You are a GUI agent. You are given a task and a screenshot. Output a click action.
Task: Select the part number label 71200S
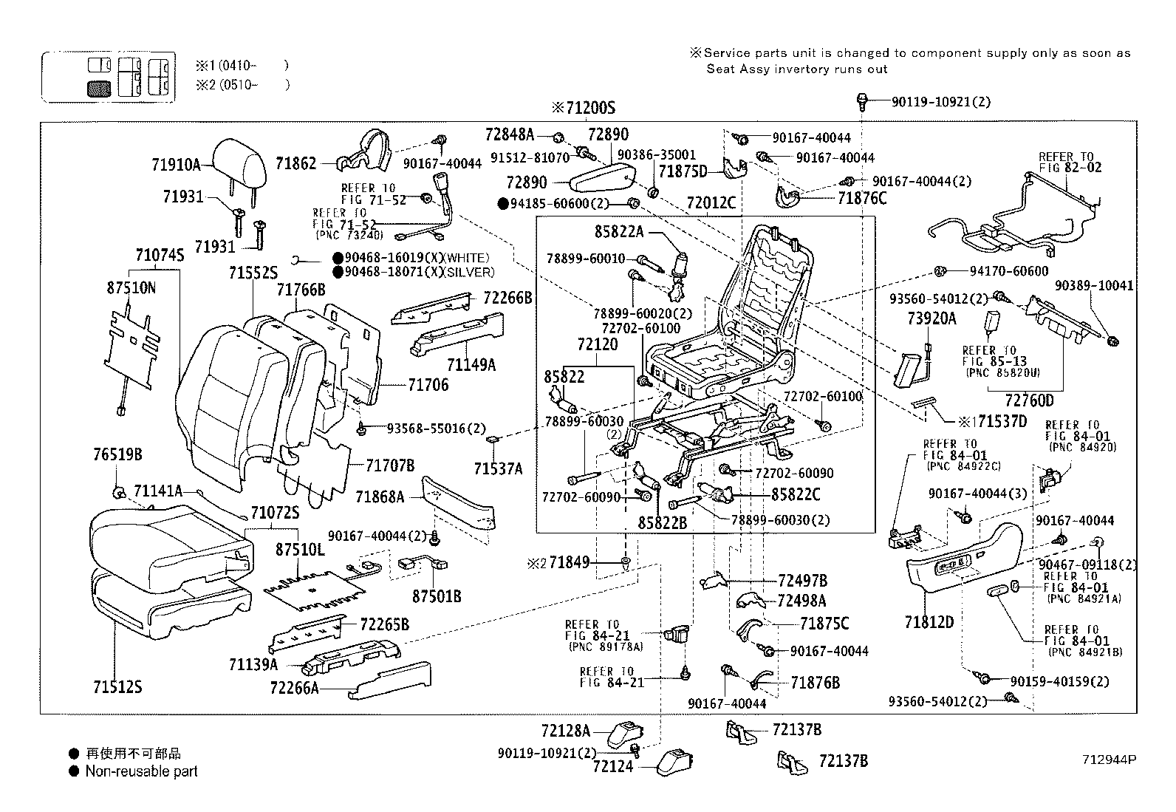(583, 108)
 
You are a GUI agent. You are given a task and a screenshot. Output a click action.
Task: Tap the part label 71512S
(117, 688)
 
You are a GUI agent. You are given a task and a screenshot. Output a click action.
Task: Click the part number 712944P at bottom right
(1108, 759)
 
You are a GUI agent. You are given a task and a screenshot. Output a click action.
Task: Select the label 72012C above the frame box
(711, 202)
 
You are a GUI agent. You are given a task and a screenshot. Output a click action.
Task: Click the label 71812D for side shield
(929, 622)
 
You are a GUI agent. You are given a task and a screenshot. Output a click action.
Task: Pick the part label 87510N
(131, 287)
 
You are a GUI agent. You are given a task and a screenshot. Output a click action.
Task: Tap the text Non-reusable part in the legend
(141, 771)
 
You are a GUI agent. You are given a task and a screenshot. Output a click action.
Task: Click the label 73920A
(931, 318)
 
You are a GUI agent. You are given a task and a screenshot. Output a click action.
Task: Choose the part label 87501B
(436, 596)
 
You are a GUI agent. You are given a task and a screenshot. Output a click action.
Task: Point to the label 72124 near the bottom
(612, 767)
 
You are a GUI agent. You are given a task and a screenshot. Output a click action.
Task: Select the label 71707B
(390, 465)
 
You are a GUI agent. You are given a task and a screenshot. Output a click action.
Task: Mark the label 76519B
(117, 454)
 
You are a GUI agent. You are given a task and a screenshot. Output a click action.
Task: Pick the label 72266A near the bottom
(294, 688)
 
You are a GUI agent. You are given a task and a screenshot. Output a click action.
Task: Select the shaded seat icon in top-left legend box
(99, 89)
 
